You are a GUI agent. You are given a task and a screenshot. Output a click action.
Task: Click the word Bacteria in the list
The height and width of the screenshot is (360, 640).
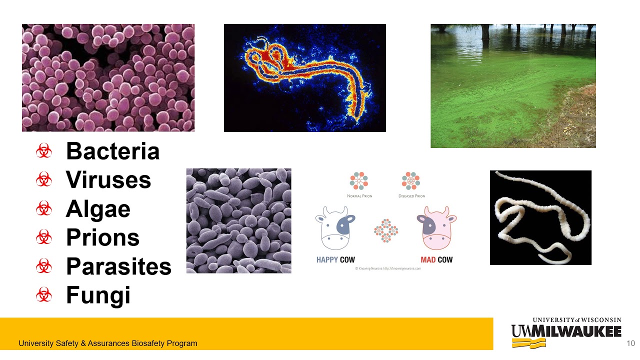(x=112, y=151)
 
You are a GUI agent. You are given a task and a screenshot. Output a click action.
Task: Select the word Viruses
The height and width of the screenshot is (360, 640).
(x=108, y=180)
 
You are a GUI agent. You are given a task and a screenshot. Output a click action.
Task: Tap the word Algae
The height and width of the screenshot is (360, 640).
(x=98, y=209)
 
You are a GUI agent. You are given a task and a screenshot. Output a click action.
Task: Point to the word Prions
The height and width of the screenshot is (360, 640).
(x=102, y=237)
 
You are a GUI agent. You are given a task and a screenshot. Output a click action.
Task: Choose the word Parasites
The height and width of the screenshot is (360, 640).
(x=118, y=266)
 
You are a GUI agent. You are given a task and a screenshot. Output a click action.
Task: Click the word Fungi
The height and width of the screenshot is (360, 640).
(x=98, y=295)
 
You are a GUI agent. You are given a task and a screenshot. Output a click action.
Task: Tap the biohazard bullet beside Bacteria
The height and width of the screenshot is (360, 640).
(x=44, y=151)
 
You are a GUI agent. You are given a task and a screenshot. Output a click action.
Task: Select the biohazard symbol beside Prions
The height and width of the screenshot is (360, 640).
(x=44, y=237)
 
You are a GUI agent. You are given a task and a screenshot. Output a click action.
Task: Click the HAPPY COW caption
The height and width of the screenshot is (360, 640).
(x=335, y=260)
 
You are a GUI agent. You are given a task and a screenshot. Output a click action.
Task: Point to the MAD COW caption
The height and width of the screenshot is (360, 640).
(x=436, y=260)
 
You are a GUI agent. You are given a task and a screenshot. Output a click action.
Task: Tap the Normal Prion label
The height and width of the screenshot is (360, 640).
(x=359, y=196)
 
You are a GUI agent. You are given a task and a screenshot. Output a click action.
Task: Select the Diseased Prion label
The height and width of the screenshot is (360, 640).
(x=411, y=196)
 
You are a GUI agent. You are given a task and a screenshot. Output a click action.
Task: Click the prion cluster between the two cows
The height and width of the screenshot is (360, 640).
(x=386, y=230)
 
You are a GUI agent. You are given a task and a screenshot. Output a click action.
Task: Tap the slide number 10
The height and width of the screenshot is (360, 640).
(x=630, y=343)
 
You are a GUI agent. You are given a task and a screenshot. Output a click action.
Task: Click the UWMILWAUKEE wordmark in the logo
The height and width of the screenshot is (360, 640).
(x=566, y=331)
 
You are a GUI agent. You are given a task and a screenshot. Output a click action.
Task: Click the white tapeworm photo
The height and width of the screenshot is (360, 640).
(x=540, y=217)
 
